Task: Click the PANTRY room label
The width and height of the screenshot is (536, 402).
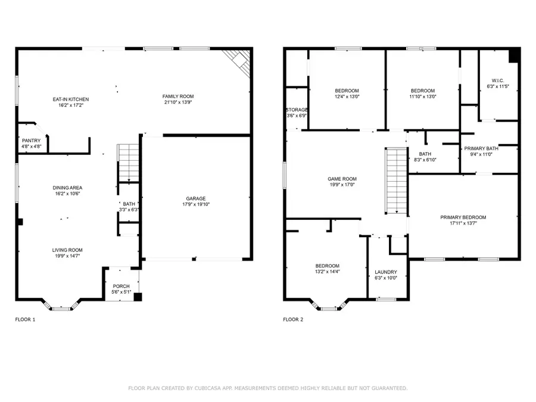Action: [x=32, y=141]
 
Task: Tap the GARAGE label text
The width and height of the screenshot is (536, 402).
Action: [x=196, y=198]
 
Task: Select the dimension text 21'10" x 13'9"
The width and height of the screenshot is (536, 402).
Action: [x=178, y=102]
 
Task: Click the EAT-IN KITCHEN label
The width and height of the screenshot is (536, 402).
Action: [x=71, y=99]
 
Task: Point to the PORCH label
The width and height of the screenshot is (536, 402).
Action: [x=121, y=286]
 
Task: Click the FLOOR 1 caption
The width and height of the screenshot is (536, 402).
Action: [x=25, y=319]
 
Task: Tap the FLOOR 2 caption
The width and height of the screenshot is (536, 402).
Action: [x=293, y=319]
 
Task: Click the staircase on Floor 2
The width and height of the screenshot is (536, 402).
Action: [x=397, y=181]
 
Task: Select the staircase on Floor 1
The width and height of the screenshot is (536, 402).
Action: [x=128, y=163]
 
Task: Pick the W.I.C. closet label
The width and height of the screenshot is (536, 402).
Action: [x=498, y=80]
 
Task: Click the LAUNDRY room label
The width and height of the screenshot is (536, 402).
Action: [x=386, y=272]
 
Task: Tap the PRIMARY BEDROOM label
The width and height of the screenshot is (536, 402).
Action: [x=463, y=217]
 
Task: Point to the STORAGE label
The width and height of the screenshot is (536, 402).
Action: [x=297, y=110]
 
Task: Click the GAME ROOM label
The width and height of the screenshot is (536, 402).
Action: [x=342, y=179]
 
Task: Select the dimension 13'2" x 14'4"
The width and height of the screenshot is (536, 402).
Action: [x=328, y=272]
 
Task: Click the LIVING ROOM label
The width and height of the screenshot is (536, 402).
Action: [x=67, y=250]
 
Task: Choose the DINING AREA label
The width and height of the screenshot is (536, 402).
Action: [x=67, y=188]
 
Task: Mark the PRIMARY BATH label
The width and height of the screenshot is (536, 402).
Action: [x=481, y=148]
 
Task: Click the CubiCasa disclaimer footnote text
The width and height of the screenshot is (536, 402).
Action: [x=268, y=388]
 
